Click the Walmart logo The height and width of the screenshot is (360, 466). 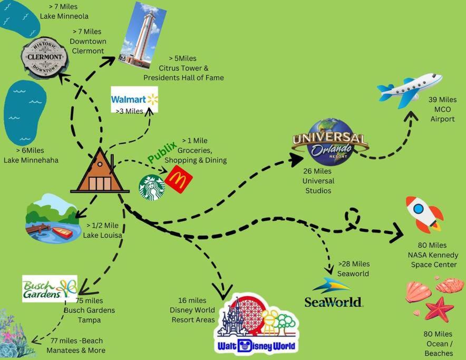point(134,99)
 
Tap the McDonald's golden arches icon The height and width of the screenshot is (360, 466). point(178,179)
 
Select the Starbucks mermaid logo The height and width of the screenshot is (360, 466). point(152,187)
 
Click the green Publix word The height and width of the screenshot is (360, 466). point(162,152)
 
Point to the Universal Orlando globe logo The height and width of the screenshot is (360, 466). point(331,141)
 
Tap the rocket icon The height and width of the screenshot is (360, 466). point(424,213)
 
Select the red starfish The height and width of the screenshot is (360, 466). point(439,308)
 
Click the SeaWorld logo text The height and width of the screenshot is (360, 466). point(333,301)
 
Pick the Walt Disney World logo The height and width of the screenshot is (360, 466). point(257,324)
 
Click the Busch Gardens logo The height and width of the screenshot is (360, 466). point(50,288)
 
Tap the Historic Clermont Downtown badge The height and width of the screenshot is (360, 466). point(45,57)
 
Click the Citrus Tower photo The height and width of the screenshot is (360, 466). point(142,36)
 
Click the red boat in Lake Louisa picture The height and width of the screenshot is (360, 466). point(62,232)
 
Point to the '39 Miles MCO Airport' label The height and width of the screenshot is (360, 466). point(442,109)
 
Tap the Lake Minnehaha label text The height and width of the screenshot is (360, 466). point(31,160)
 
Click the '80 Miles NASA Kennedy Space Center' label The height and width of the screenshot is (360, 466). point(433,255)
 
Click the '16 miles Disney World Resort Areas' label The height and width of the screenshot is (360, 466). point(192,310)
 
